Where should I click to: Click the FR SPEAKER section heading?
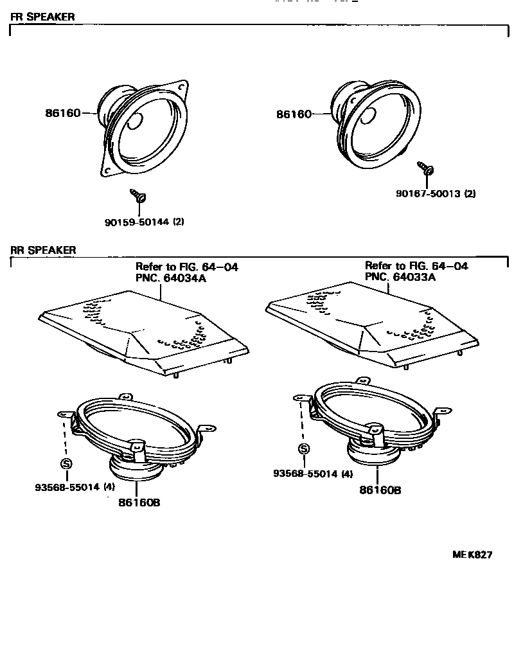(42, 17)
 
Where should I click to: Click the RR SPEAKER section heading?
(42, 249)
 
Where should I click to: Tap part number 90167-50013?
(427, 193)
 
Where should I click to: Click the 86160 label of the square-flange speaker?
(62, 113)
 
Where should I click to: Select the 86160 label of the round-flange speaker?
(294, 114)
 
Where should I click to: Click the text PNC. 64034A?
(171, 277)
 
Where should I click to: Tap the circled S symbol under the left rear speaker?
(66, 463)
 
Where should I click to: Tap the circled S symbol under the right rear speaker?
(303, 449)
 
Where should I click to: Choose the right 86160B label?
(380, 490)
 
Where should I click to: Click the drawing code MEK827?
(473, 555)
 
